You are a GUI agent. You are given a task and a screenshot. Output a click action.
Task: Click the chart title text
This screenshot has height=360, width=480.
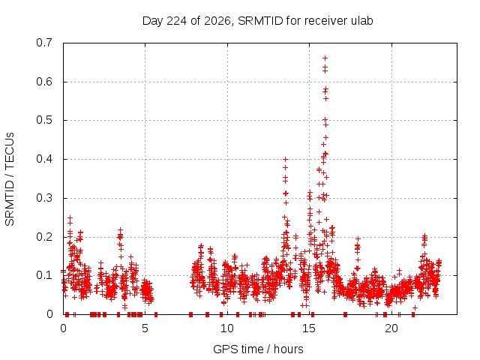pyautogui.click(x=257, y=21)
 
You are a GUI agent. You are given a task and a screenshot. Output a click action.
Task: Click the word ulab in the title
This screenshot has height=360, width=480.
pyautogui.click(x=361, y=21)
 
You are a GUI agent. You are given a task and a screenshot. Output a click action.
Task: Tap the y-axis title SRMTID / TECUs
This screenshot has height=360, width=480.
pyautogui.click(x=10, y=179)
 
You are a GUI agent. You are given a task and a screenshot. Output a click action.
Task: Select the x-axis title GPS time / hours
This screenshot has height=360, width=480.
pyautogui.click(x=258, y=349)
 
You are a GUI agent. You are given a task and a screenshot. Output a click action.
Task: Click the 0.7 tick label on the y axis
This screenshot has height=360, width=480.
pyautogui.click(x=44, y=43)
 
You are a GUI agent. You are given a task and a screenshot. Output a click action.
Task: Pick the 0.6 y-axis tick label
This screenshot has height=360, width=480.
pyautogui.click(x=44, y=82)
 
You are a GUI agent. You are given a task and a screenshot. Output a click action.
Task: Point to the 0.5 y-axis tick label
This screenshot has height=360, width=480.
pyautogui.click(x=44, y=120)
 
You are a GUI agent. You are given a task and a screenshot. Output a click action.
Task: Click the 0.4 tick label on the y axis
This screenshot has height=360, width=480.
pyautogui.click(x=44, y=159)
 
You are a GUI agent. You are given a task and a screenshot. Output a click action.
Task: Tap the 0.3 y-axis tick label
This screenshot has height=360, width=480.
pyautogui.click(x=44, y=198)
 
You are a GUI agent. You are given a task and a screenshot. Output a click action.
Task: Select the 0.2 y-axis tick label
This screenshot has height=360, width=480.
pyautogui.click(x=44, y=237)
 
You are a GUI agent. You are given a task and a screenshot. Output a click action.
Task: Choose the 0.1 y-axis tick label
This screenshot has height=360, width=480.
pyautogui.click(x=44, y=275)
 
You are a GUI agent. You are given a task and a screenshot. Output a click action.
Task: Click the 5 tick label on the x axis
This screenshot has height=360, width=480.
pyautogui.click(x=145, y=328)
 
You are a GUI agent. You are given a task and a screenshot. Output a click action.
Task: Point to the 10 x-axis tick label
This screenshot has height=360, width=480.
pyautogui.click(x=227, y=328)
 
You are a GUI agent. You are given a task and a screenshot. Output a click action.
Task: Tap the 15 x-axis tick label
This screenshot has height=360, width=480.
pyautogui.click(x=309, y=328)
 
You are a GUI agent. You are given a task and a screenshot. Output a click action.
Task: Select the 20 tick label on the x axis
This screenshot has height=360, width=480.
pyautogui.click(x=391, y=328)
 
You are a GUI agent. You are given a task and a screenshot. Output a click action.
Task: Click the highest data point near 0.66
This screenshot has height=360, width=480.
pyautogui.click(x=325, y=58)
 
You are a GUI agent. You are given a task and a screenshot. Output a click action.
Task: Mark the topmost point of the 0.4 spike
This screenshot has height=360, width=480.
pyautogui.click(x=285, y=159)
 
